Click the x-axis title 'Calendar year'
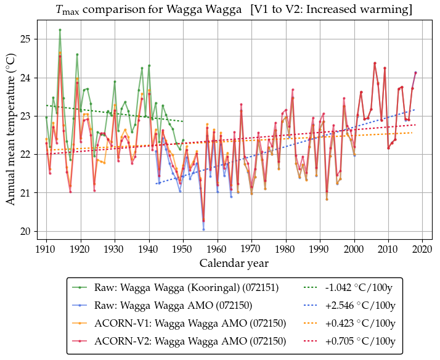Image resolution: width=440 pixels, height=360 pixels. click(234, 264)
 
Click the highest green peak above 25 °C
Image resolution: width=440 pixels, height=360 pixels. click(60, 30)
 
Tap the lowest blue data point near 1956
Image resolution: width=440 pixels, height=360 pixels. click(203, 229)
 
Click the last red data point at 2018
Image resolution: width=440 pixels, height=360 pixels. click(415, 73)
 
